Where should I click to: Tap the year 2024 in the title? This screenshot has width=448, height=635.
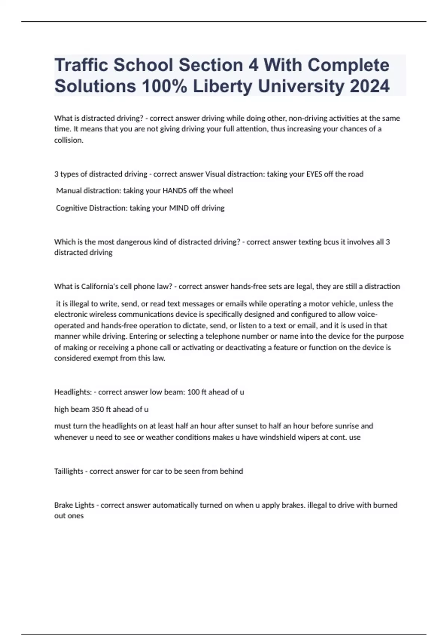point(370,86)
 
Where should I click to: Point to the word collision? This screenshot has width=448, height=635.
point(69,140)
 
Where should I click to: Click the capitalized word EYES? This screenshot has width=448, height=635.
point(314,174)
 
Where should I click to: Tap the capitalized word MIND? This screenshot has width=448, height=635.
point(179,208)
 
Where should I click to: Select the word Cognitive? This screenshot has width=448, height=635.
point(71,208)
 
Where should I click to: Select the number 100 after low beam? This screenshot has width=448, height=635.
point(193,392)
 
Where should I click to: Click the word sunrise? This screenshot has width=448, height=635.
point(347,426)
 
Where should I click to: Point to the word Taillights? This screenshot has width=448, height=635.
point(69,471)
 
